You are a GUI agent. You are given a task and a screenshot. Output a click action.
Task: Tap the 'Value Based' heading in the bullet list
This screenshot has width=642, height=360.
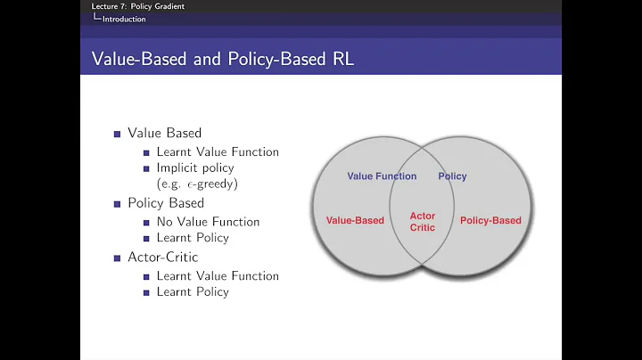point(164,133)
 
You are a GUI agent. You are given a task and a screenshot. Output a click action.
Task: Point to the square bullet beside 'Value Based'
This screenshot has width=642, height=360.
point(117,134)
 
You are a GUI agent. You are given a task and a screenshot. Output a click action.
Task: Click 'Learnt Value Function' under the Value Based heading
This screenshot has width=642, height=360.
point(218,151)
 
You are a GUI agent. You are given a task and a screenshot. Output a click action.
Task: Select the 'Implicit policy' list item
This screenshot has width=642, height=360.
point(195,168)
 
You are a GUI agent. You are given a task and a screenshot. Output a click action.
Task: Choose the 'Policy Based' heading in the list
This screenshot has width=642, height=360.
point(166,203)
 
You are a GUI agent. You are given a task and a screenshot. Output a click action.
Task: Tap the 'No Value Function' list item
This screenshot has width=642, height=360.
point(208,221)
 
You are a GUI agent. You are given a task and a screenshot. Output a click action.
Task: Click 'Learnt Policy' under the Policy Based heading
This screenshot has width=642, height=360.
point(193,238)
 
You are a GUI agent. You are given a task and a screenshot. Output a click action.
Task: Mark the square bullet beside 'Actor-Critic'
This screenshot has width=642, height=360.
point(117,258)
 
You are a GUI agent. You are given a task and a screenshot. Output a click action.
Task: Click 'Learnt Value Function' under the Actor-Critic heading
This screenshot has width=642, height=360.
point(218,276)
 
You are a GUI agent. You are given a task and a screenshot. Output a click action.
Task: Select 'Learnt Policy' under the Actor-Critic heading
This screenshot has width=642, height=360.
point(193,292)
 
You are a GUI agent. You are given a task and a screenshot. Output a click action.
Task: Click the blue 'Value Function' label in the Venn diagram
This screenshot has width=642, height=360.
point(382,176)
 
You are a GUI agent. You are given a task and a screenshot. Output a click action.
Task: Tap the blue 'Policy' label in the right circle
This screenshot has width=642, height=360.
point(452,176)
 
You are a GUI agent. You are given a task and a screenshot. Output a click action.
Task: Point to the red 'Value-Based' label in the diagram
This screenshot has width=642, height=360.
point(355,220)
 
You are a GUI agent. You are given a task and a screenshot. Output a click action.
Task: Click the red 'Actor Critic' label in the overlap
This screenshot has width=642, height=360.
point(423,221)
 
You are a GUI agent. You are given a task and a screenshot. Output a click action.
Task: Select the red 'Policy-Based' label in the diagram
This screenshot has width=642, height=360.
point(490,220)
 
